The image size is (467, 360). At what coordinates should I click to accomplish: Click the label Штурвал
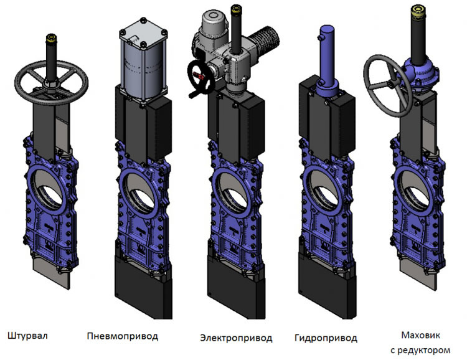coord(27,336)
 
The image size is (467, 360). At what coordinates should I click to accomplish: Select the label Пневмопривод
coord(123,336)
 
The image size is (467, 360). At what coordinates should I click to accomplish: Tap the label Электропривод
coord(236,338)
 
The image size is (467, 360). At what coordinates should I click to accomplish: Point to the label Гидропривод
coord(326,338)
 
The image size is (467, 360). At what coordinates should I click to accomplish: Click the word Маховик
coord(420,335)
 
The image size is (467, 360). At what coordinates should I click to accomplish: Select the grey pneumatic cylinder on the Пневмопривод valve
coord(143,72)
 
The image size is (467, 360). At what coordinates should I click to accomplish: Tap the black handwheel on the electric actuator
coord(191,76)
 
